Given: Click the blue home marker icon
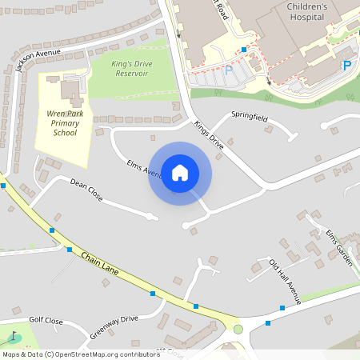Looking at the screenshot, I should click(180, 173).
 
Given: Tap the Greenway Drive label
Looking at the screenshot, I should click(114, 327).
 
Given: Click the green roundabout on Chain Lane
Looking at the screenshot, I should click(238, 329).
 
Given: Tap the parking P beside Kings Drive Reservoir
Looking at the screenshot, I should click(228, 70).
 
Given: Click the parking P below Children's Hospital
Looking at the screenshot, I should click(347, 65).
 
